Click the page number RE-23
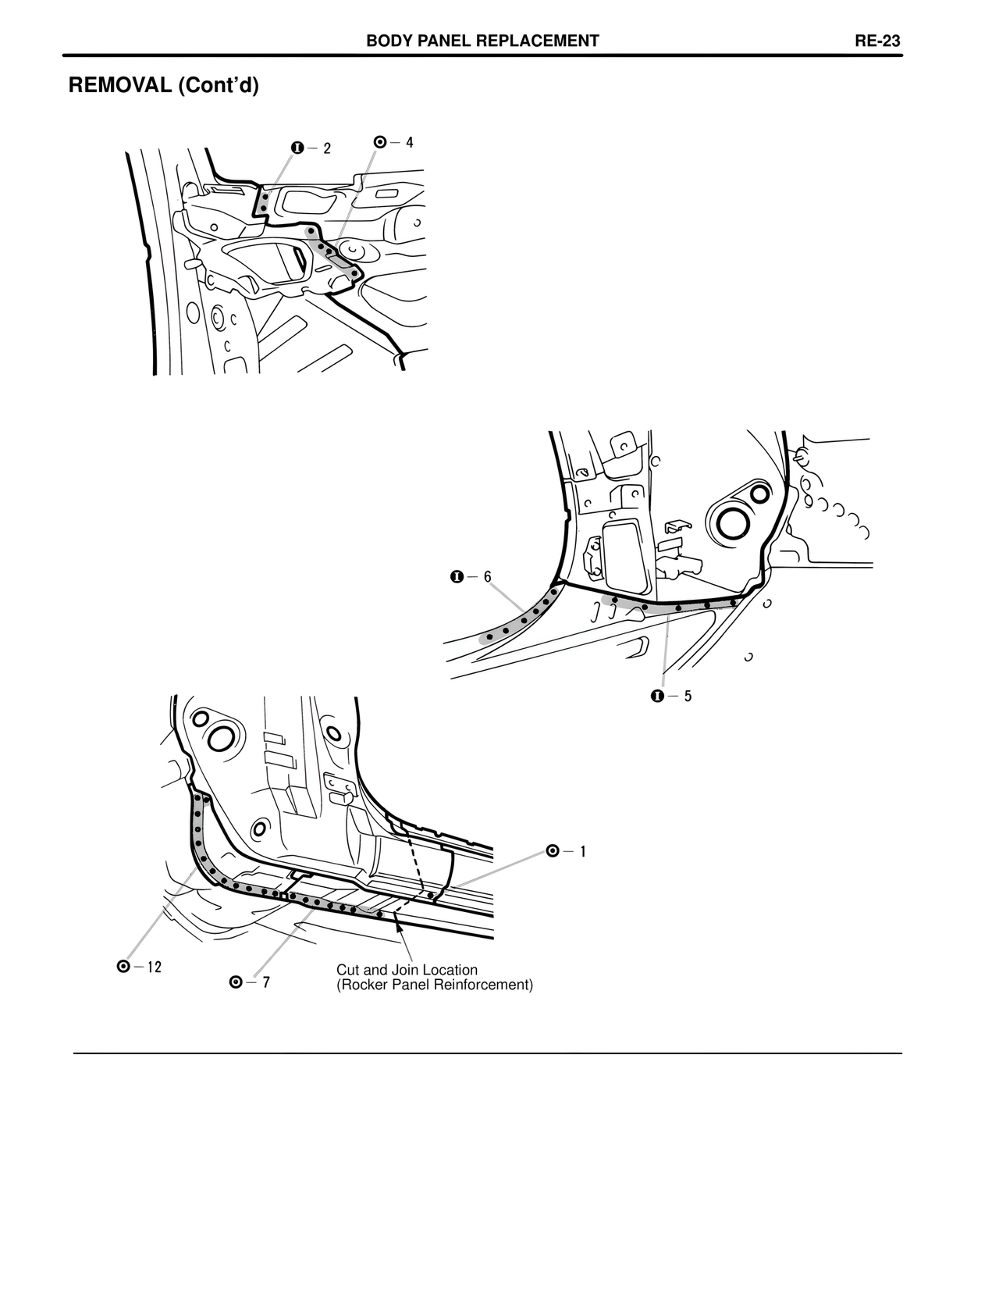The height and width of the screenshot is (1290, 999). click(x=877, y=41)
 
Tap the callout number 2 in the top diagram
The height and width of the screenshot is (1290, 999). click(x=327, y=148)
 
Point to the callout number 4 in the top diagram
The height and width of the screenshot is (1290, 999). click(x=409, y=142)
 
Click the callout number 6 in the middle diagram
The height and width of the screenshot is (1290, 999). click(x=488, y=577)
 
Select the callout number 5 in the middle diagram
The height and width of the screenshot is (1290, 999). click(x=688, y=696)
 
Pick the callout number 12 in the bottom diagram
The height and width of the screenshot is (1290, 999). click(x=154, y=967)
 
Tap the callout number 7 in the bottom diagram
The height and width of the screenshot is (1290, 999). click(x=266, y=982)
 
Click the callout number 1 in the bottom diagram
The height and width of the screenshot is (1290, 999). click(x=582, y=852)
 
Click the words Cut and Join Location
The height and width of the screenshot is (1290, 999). click(x=407, y=971)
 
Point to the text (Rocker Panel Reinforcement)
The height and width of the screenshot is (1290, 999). click(x=435, y=985)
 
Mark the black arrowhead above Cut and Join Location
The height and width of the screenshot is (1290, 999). click(x=399, y=926)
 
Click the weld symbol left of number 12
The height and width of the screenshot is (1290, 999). click(x=123, y=967)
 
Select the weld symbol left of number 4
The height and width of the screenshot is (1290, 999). click(x=380, y=142)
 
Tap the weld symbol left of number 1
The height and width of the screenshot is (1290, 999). click(x=553, y=852)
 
